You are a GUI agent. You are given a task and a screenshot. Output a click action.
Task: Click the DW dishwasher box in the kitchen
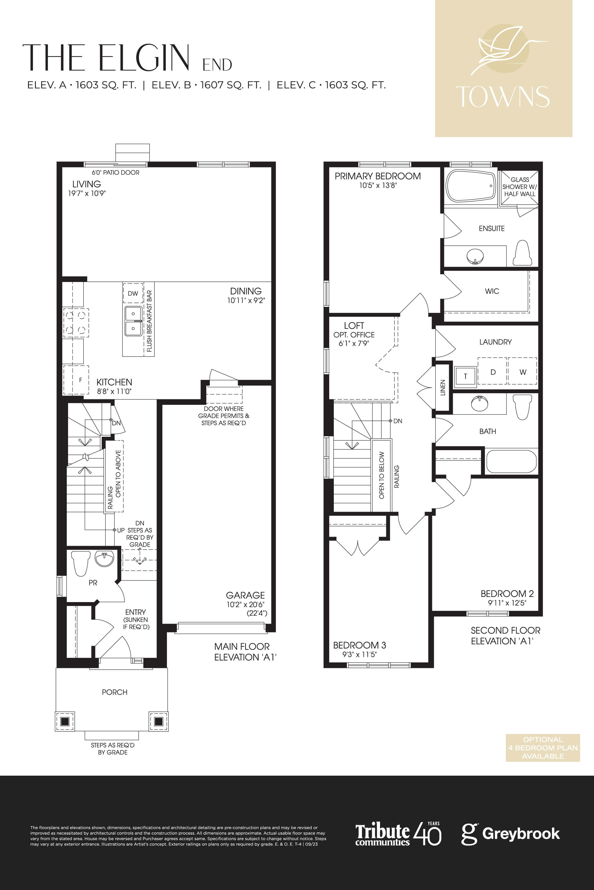pos(133,293)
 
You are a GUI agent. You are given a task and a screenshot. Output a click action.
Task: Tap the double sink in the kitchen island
pos(133,321)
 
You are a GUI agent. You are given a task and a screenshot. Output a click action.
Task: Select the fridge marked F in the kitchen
pos(76,380)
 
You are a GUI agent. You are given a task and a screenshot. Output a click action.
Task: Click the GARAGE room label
pos(245,595)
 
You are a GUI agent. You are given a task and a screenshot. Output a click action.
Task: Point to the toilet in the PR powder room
pos(81,563)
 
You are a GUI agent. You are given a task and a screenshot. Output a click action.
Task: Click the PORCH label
pos(114,692)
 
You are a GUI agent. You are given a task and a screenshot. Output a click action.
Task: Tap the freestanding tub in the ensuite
pos(471,186)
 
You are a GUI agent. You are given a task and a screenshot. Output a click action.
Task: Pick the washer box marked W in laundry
pos(522,371)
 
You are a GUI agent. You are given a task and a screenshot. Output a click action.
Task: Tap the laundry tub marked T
pos(465,376)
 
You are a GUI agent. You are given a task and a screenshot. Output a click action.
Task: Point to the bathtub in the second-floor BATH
pos(511,461)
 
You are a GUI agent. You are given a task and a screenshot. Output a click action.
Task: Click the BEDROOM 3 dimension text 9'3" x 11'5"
pos(359,655)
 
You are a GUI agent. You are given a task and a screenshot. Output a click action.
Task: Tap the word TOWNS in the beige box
pos(503,97)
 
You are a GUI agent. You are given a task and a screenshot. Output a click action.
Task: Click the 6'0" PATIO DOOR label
pos(115,173)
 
